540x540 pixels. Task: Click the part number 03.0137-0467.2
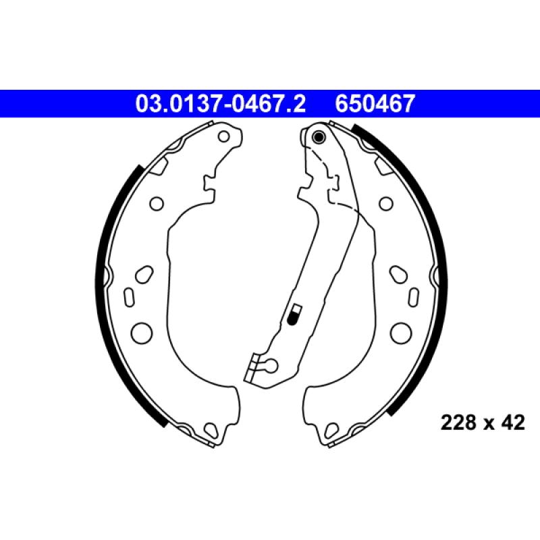pos(221,104)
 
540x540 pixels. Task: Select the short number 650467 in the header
pos(375,104)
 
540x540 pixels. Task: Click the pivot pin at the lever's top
pos(319,139)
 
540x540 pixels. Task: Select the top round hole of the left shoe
pos(224,137)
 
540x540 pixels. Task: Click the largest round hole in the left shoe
pos(142,331)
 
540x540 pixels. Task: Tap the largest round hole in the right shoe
pos(401,331)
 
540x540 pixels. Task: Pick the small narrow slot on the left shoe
pos(128,296)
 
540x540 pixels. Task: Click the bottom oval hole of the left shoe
pos(211,428)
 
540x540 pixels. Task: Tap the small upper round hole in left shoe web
pos(156,202)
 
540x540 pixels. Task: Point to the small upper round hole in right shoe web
pos(386,202)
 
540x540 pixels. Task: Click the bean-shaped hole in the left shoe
pos(144,275)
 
